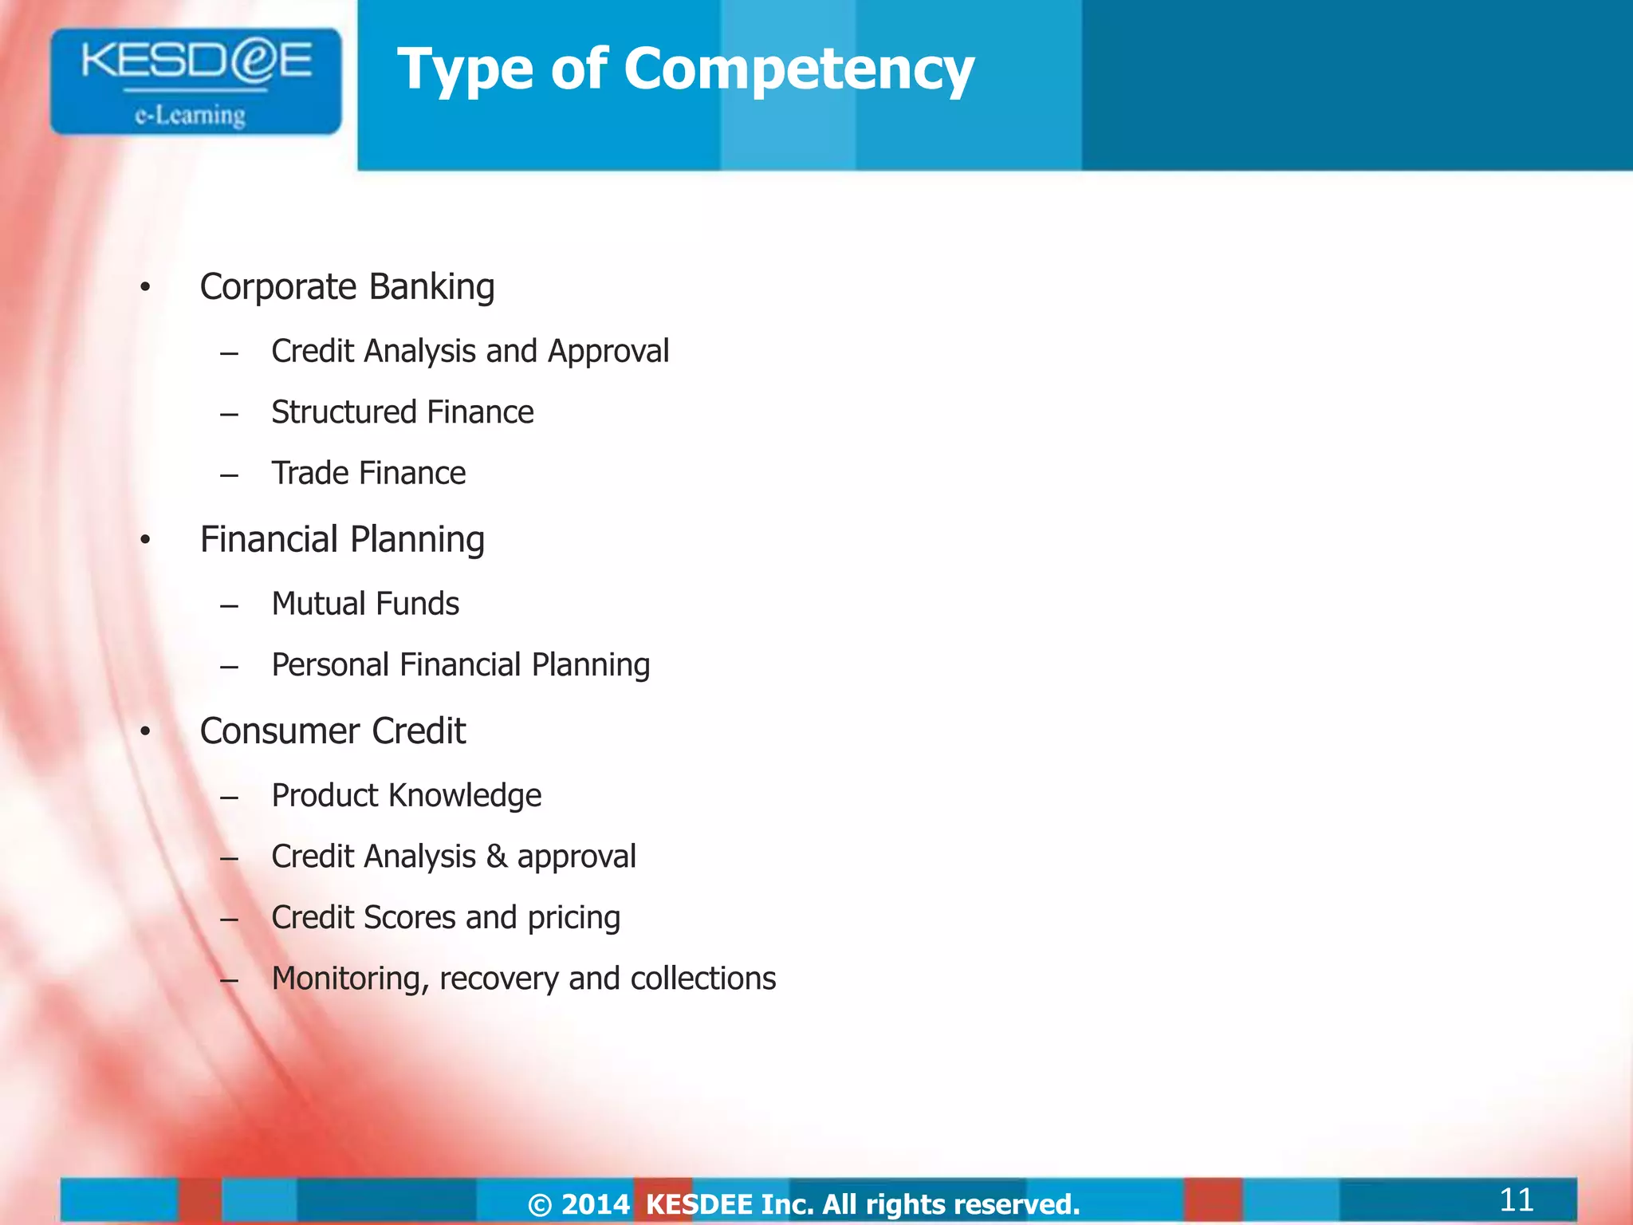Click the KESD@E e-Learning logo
(x=195, y=81)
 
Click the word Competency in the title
(x=799, y=69)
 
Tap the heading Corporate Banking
(x=347, y=287)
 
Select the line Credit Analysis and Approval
(x=470, y=352)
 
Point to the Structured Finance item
(x=402, y=412)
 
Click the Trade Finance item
(x=368, y=474)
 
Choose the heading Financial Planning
(x=342, y=540)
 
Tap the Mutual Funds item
(x=365, y=605)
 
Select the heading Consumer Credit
(x=333, y=731)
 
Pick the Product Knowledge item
(x=406, y=796)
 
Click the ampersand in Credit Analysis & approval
(x=496, y=857)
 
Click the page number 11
(x=1516, y=1199)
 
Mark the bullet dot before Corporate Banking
(x=145, y=288)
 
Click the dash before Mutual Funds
(x=230, y=606)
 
